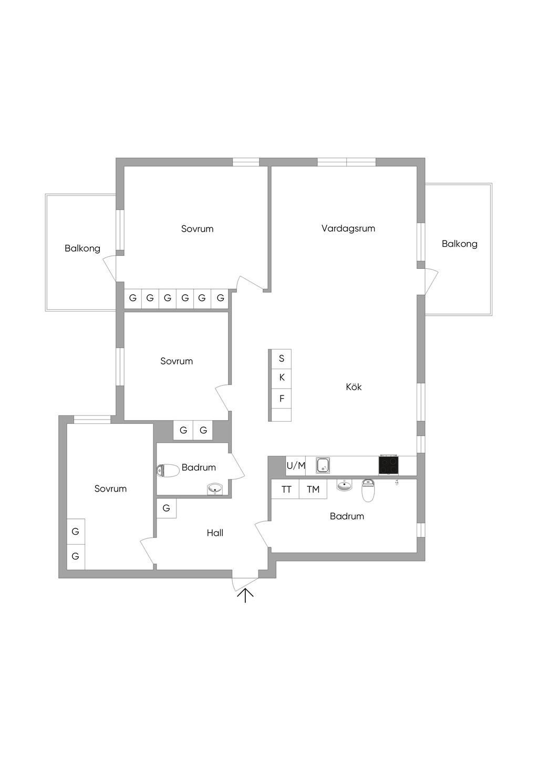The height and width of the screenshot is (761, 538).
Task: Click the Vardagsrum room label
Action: click(348, 228)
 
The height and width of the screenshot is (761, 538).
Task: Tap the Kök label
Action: click(354, 387)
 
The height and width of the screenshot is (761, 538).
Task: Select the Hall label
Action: click(215, 533)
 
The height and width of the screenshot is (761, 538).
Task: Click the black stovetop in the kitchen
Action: click(388, 465)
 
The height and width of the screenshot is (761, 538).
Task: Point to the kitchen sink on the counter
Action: click(323, 465)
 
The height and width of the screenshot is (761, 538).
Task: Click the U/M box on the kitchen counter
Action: click(295, 466)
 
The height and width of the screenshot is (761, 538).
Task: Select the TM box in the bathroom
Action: click(313, 489)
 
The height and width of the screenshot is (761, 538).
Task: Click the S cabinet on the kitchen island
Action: click(282, 359)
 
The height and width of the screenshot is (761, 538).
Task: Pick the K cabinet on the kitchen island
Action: click(282, 379)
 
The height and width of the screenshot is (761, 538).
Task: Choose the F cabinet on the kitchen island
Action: click(282, 399)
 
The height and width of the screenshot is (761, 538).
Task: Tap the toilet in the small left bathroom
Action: click(168, 471)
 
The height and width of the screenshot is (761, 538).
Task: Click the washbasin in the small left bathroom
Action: click(215, 489)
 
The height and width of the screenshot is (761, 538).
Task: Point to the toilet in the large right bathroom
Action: click(368, 491)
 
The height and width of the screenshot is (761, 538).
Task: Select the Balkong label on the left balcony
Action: click(82, 249)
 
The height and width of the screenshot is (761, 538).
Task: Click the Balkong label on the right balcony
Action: click(460, 244)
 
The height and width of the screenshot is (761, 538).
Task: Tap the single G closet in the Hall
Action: click(166, 508)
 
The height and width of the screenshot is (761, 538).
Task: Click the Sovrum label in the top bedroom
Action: click(197, 228)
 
